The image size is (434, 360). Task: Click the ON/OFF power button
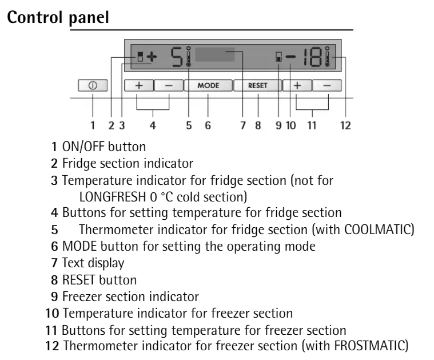click(93, 85)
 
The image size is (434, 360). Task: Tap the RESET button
click(258, 85)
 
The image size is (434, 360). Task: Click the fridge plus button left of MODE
click(139, 85)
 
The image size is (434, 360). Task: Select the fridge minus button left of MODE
click(169, 85)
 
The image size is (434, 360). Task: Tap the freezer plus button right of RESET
click(297, 85)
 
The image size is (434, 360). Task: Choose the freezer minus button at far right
click(327, 85)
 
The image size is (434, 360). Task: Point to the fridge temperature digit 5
click(176, 57)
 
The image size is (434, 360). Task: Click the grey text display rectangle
click(215, 54)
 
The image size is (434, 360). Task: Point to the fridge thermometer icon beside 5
click(189, 56)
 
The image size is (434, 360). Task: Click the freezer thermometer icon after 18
click(327, 56)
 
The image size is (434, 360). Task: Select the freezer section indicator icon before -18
click(278, 57)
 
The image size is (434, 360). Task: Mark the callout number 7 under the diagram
click(243, 125)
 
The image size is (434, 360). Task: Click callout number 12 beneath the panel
click(345, 125)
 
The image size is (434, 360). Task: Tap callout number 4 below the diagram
click(153, 125)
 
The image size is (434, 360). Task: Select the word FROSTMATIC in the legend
click(369, 346)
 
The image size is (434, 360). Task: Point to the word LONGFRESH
click(113, 197)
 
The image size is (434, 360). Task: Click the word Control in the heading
click(35, 17)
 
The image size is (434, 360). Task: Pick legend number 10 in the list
click(52, 313)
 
